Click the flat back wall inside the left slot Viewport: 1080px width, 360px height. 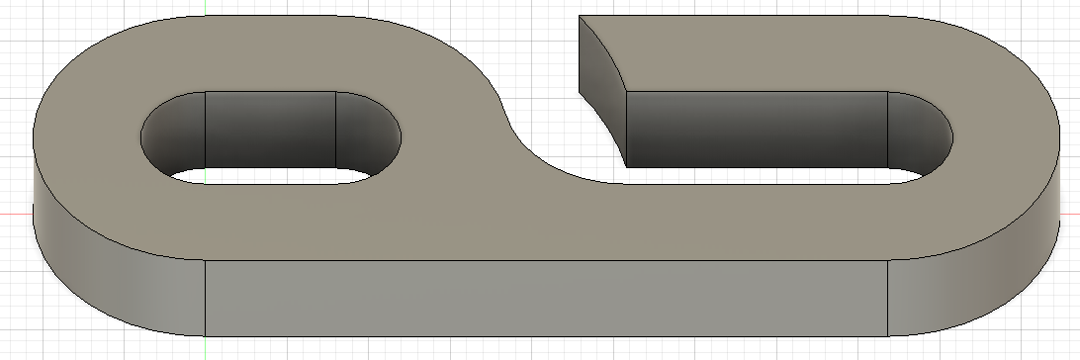[270, 129]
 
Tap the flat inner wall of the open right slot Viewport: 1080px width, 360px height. [757, 129]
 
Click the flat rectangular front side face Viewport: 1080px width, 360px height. [544, 297]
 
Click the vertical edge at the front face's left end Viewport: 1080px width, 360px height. [205, 297]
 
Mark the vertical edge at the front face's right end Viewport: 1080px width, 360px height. [887, 297]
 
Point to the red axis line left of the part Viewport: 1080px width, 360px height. [15, 214]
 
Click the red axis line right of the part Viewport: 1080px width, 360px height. [1068, 214]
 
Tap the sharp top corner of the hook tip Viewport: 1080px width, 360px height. [580, 16]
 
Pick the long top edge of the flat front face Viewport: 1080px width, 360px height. [544, 261]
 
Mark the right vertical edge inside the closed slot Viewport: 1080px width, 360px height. [336, 129]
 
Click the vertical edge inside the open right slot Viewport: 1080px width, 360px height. [887, 129]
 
